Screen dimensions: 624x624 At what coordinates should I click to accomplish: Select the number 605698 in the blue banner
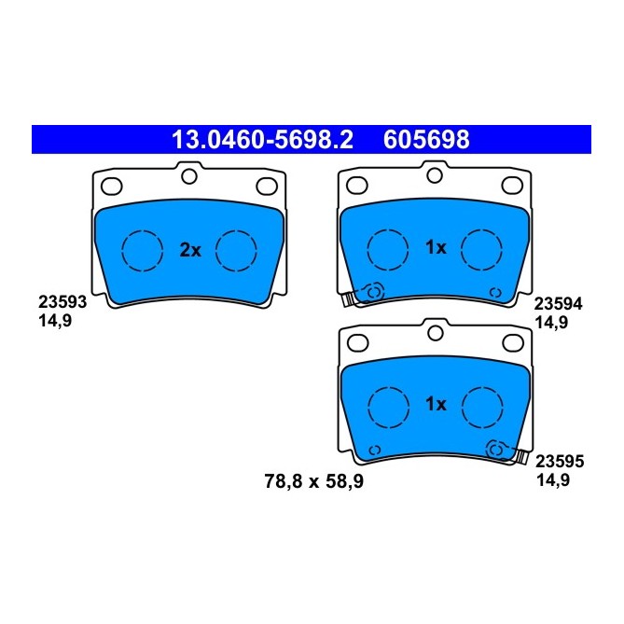426,141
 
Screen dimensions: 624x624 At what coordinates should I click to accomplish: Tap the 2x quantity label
189,249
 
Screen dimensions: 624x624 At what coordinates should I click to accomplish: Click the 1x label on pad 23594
436,248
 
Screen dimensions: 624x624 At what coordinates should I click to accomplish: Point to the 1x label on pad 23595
436,404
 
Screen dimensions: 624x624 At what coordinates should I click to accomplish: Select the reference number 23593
62,302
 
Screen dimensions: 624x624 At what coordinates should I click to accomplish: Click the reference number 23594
558,303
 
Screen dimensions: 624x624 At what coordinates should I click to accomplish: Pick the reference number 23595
558,460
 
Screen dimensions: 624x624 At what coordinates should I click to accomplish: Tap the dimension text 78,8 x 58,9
314,481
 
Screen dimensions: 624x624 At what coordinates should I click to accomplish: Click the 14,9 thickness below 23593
55,319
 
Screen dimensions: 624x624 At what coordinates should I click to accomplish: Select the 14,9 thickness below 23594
551,320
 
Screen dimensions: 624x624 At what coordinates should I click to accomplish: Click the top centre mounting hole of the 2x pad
189,175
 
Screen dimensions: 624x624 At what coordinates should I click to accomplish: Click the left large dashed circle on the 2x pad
144,249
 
